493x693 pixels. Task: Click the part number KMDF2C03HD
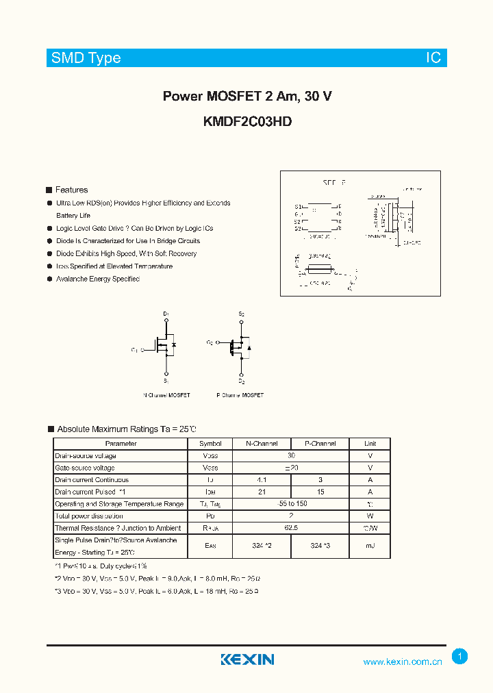[x=247, y=122]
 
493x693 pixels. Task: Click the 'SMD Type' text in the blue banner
[x=86, y=58]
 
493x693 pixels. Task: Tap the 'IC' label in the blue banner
[x=433, y=58]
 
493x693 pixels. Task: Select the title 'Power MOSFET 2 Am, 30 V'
[x=247, y=97]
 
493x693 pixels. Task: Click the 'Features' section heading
[x=71, y=190]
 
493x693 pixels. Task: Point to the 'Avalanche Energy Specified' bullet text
[x=98, y=279]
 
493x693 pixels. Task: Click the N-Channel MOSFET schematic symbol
[x=163, y=346]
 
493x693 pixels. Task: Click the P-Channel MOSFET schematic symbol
[x=240, y=346]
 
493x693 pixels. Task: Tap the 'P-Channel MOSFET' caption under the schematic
[x=240, y=395]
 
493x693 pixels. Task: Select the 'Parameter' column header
[x=121, y=444]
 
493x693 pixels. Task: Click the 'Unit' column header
[x=370, y=444]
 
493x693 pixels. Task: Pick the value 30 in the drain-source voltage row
[x=291, y=455]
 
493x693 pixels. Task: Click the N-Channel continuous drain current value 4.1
[x=262, y=480]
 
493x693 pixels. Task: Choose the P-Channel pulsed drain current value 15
[x=320, y=492]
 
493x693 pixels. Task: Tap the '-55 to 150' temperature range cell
[x=291, y=504]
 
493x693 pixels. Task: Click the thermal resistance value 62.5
[x=291, y=528]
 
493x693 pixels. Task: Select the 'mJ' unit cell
[x=370, y=546]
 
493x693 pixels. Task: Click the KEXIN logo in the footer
[x=247, y=659]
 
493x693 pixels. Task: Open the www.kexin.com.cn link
[x=403, y=661]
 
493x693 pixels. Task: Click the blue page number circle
[x=460, y=656]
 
